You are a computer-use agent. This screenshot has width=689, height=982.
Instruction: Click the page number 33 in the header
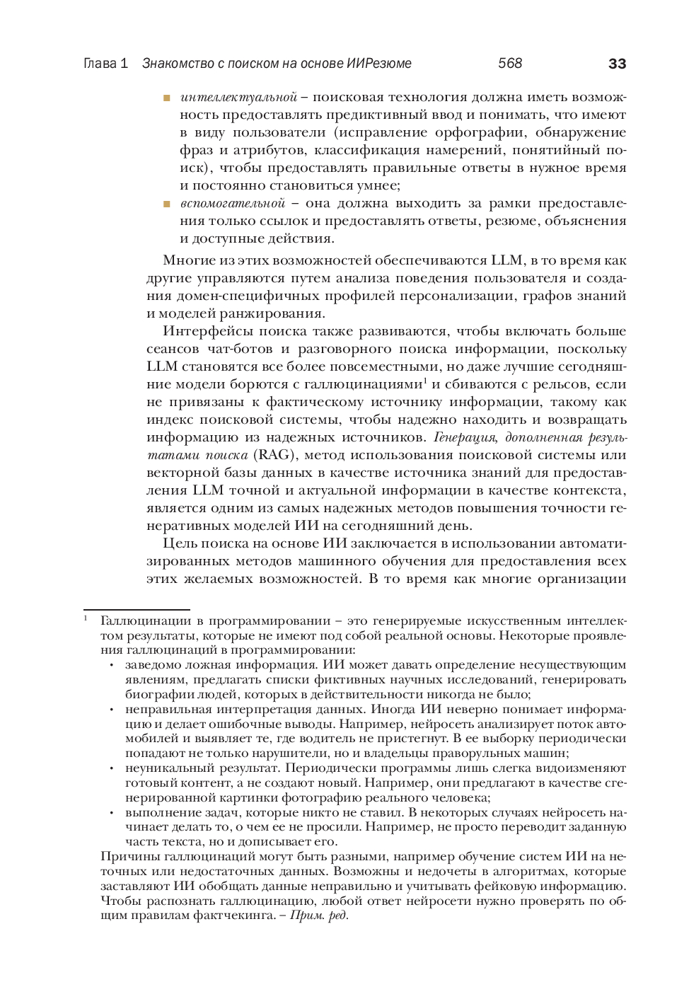click(x=617, y=64)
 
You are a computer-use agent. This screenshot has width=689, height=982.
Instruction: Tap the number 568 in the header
click(x=510, y=64)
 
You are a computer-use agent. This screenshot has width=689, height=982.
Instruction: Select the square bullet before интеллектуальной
click(x=167, y=98)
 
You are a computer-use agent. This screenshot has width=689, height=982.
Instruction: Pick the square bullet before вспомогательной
click(x=167, y=204)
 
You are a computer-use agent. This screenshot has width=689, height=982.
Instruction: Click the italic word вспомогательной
click(x=233, y=204)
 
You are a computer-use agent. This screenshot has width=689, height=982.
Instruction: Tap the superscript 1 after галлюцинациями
click(x=425, y=381)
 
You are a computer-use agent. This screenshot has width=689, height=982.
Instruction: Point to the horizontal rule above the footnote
click(x=137, y=610)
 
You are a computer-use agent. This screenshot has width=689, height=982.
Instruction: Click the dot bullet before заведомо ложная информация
click(x=112, y=666)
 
